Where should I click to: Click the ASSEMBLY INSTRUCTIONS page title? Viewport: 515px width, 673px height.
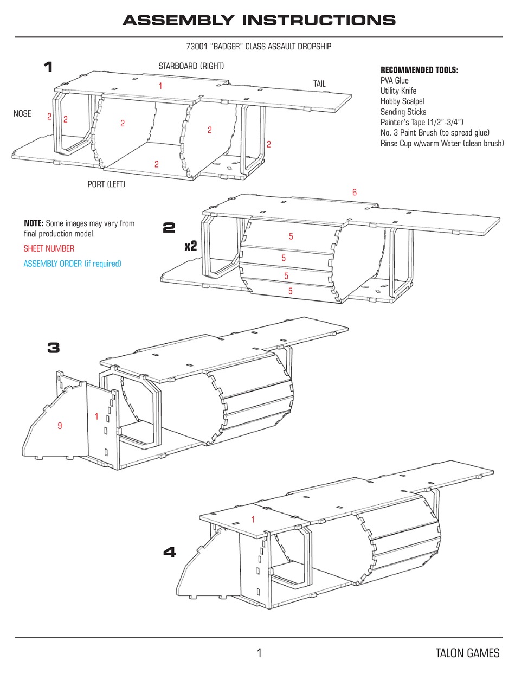[259, 21]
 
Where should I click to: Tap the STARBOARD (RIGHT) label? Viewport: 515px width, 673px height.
[191, 66]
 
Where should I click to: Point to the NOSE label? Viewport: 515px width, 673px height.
[22, 114]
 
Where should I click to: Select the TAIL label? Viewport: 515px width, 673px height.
[319, 84]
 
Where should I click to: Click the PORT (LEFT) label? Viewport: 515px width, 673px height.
[106, 184]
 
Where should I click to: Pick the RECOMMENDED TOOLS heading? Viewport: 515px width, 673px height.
[419, 70]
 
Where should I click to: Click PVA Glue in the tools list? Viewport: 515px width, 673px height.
[394, 81]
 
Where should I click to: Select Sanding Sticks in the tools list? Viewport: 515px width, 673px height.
[403, 112]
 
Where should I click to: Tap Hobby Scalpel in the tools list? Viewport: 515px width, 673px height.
[402, 101]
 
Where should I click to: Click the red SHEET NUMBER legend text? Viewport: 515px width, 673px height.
[49, 248]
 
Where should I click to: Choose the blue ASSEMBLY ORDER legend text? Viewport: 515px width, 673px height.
[72, 264]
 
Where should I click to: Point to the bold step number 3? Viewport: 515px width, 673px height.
[53, 348]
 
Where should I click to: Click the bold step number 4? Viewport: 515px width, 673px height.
[169, 552]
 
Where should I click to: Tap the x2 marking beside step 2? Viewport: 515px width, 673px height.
[190, 247]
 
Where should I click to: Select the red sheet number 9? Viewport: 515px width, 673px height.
[60, 426]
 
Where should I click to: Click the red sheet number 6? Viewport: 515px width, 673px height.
[354, 193]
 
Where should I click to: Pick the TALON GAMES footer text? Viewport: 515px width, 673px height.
[467, 653]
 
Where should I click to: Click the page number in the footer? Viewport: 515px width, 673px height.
[259, 653]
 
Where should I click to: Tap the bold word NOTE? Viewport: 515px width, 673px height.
[34, 223]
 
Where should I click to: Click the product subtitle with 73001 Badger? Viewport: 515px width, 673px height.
[258, 47]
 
